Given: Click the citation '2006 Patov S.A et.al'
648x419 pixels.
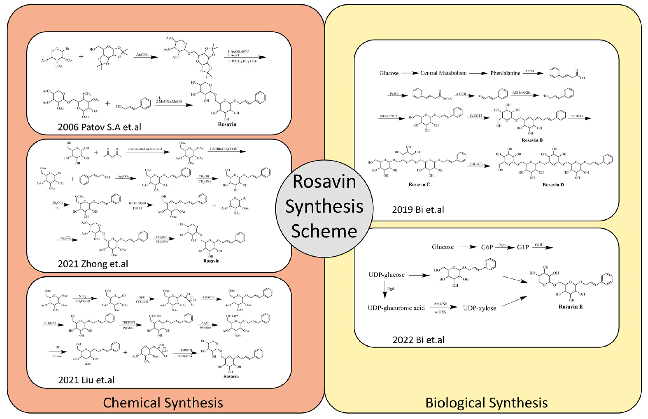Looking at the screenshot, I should tap(99, 127).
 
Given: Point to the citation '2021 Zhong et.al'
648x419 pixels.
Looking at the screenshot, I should tap(93, 264).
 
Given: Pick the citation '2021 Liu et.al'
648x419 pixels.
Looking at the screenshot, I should tap(86, 380).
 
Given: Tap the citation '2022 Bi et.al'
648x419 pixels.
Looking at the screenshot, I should tap(418, 340).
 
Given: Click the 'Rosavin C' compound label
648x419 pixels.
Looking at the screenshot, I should tap(419, 184).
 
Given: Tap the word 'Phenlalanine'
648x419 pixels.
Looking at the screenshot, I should tap(505, 73).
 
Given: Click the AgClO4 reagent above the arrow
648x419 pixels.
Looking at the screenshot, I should tap(142, 55).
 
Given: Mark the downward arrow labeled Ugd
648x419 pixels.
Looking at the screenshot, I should tap(385, 290).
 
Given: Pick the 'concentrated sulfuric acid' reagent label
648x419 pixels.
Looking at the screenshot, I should tap(145, 149).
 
